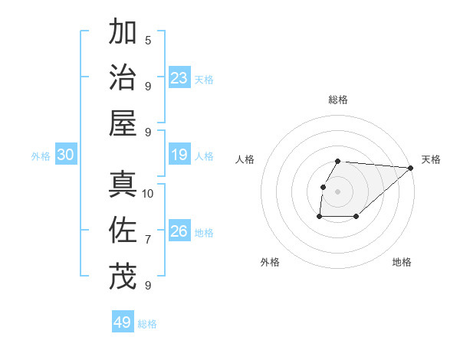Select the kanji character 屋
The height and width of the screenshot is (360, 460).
click(x=123, y=123)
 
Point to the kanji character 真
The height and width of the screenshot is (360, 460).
click(x=123, y=185)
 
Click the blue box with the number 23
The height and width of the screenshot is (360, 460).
click(x=179, y=77)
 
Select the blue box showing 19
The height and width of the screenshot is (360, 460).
click(x=179, y=155)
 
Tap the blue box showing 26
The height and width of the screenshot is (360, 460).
click(x=179, y=231)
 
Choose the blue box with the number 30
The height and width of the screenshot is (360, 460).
click(x=66, y=155)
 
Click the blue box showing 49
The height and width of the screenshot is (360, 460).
click(x=123, y=322)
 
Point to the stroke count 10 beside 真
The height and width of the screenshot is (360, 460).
click(x=148, y=193)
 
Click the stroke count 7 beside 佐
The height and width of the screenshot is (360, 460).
click(x=148, y=240)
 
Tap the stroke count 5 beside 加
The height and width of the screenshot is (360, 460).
click(x=148, y=40)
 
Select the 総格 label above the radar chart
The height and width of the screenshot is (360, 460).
click(x=338, y=100)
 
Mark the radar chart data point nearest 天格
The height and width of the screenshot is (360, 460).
click(x=411, y=168)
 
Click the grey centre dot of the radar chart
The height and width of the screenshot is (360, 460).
click(x=338, y=191)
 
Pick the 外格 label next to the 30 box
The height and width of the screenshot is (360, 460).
click(x=41, y=155)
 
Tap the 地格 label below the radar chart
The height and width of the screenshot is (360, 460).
click(x=402, y=262)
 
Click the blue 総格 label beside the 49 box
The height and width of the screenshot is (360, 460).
click(x=147, y=324)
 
